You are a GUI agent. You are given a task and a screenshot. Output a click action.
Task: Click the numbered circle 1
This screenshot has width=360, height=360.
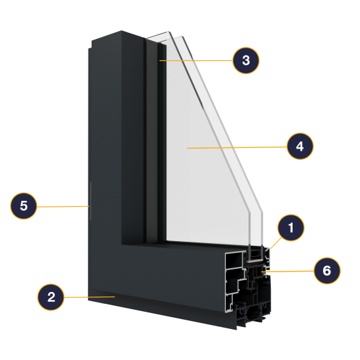291,227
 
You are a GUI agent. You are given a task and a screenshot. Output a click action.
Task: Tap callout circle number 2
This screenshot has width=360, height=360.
51,297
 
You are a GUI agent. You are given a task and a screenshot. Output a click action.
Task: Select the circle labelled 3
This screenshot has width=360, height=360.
246,60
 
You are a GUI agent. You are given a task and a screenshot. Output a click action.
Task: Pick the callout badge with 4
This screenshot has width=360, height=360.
300,146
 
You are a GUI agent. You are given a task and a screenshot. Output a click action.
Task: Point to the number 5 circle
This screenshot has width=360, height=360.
23,205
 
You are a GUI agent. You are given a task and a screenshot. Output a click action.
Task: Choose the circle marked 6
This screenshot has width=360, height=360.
327,271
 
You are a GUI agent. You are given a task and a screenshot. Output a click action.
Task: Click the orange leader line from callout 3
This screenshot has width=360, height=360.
196,61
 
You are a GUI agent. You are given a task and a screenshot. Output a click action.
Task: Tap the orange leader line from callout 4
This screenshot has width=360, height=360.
237,147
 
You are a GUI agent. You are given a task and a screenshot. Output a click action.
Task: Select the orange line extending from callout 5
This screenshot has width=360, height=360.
63,207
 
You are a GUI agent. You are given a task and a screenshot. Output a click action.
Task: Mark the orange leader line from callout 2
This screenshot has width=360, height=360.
89,297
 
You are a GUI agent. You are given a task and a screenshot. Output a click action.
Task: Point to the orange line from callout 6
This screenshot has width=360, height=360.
288,271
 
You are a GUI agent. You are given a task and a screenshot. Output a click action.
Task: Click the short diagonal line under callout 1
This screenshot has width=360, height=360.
276,243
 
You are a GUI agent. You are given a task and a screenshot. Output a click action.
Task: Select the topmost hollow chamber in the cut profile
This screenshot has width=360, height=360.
234,260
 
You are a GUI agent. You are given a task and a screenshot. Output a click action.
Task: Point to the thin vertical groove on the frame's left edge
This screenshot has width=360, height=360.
90,201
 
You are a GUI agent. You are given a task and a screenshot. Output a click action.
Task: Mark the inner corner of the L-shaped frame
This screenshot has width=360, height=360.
122,244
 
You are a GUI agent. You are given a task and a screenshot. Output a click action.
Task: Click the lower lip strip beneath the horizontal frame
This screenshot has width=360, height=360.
161,308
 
